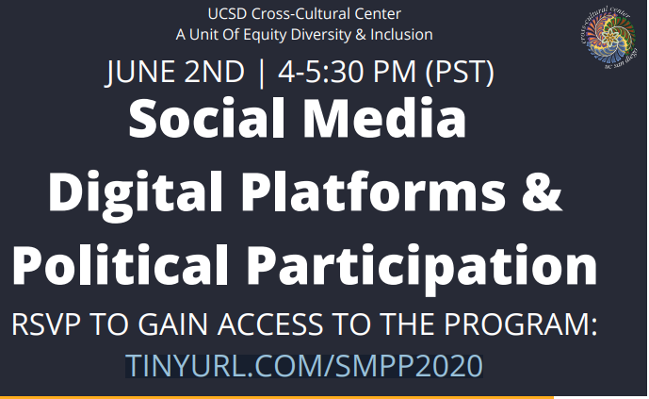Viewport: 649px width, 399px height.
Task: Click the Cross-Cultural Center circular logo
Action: [x=608, y=38]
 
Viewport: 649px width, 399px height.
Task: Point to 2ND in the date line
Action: [x=215, y=72]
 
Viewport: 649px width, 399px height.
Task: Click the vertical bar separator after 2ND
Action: [x=261, y=74]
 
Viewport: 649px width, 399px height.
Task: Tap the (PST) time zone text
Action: [x=460, y=73]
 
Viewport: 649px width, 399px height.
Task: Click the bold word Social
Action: [x=206, y=119]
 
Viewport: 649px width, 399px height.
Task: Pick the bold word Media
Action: [x=384, y=119]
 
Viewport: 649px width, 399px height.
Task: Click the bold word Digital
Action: [x=136, y=193]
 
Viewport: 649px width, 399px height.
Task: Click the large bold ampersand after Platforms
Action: [x=542, y=192]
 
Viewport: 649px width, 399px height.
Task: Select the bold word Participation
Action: [x=422, y=267]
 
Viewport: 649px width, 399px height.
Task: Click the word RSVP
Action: [x=46, y=324]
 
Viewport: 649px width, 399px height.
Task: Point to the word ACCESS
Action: [x=270, y=324]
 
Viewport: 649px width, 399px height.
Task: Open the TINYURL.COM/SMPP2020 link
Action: [x=304, y=366]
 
